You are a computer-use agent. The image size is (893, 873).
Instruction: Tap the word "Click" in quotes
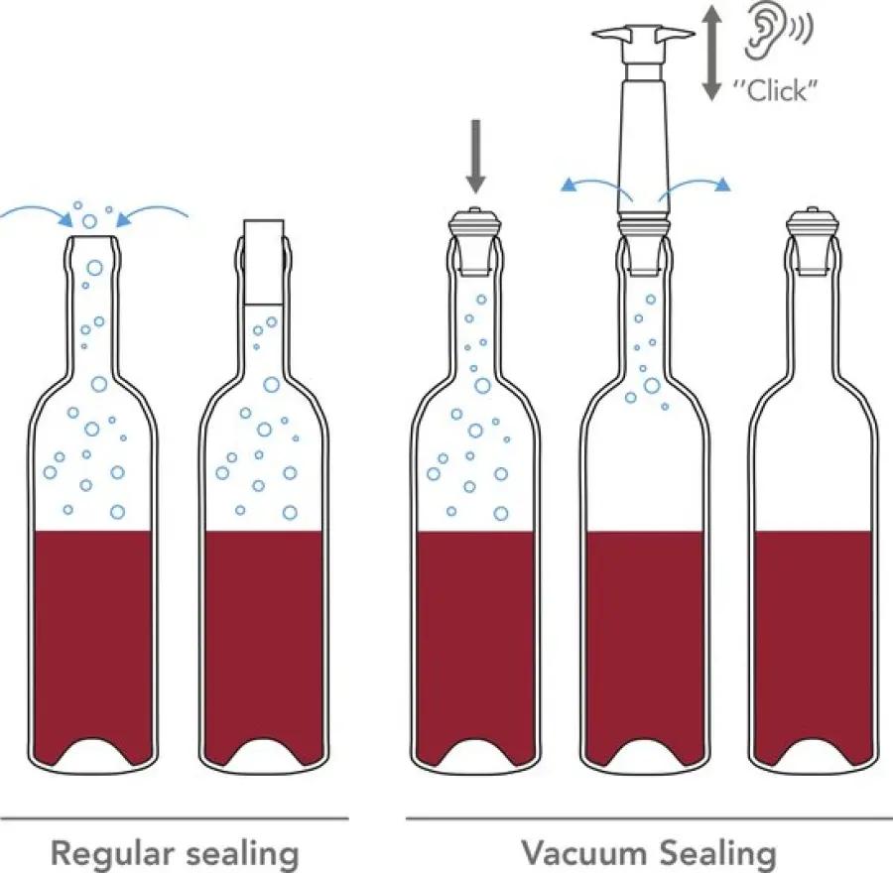[777, 90]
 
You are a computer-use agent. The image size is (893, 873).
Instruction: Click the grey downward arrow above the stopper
[476, 157]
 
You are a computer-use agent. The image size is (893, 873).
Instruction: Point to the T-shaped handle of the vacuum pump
[644, 37]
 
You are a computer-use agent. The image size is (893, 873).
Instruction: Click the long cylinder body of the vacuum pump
[644, 143]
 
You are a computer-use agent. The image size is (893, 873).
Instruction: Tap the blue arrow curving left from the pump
[595, 187]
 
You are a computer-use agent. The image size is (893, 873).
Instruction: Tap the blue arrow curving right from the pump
[695, 187]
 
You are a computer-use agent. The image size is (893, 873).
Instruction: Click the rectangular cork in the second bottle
[263, 262]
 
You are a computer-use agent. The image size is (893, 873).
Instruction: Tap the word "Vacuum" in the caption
[584, 852]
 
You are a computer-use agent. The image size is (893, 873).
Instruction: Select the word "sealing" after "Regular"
[243, 853]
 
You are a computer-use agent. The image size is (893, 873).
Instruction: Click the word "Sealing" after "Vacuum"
[718, 853]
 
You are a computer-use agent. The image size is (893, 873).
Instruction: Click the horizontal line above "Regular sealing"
[175, 819]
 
